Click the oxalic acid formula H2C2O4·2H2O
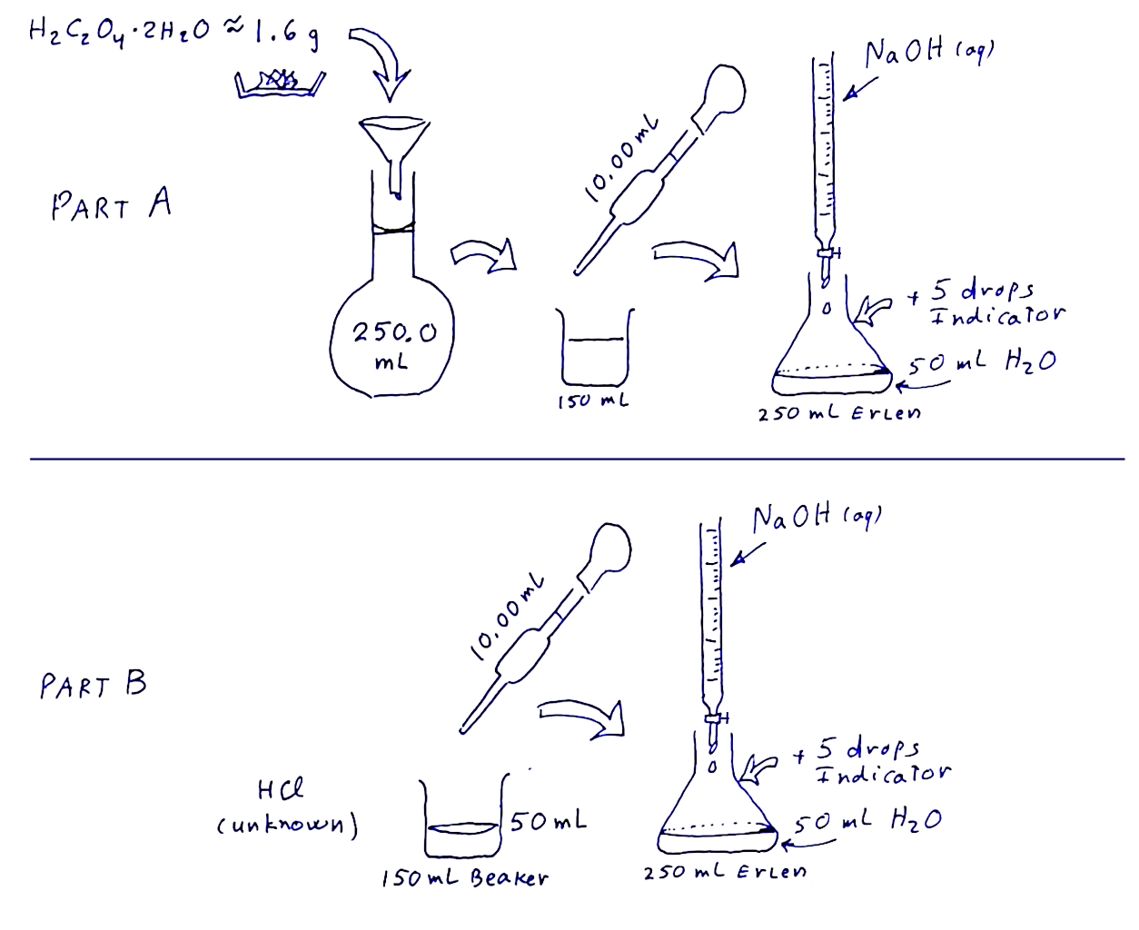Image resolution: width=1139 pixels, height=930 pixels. click(119, 32)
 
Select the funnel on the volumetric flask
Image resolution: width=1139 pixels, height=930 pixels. click(394, 154)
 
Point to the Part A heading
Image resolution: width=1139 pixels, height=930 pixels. click(111, 204)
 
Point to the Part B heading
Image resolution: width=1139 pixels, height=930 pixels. click(93, 684)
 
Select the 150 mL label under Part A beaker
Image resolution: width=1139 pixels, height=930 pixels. click(593, 401)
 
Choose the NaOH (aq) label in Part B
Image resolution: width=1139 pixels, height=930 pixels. click(817, 519)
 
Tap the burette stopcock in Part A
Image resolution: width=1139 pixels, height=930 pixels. click(827, 252)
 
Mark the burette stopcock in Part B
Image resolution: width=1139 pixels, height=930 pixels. click(715, 717)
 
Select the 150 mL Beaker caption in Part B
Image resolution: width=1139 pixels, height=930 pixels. click(464, 879)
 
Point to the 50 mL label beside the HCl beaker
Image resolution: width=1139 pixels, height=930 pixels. click(548, 821)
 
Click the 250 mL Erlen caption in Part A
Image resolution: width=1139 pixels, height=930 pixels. click(839, 414)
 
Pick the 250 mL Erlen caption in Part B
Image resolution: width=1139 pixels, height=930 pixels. click(725, 872)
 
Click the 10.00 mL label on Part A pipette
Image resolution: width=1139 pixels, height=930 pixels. click(621, 159)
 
